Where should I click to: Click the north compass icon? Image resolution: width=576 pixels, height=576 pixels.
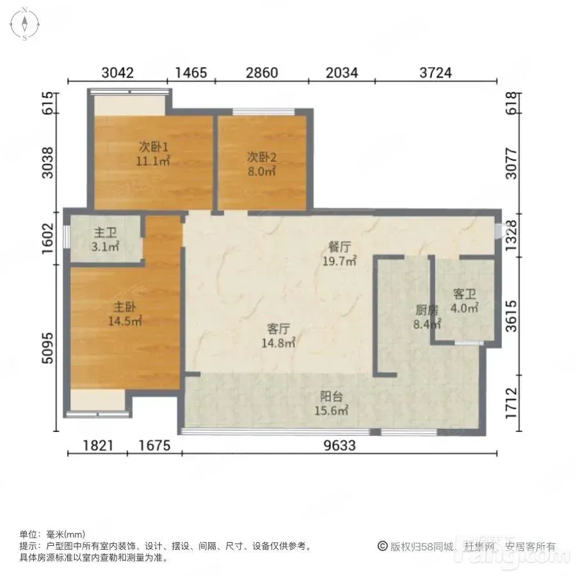tap(24, 24)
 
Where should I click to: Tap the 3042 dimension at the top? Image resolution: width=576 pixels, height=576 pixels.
tap(118, 73)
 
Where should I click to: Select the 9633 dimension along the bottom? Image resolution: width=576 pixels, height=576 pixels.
tap(340, 445)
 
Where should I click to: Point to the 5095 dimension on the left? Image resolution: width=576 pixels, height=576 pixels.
tap(48, 348)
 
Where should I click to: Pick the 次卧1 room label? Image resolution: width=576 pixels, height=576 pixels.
tap(154, 147)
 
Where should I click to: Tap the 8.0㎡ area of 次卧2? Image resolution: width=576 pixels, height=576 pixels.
tap(262, 171)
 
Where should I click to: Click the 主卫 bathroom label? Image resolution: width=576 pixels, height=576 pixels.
tap(106, 232)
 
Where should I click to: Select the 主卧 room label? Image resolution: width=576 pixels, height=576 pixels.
tap(125, 307)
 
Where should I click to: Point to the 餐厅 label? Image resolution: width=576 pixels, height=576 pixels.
tap(340, 247)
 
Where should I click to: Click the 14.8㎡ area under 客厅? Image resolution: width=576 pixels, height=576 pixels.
tap(278, 343)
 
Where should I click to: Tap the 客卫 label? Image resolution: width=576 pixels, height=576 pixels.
tap(465, 294)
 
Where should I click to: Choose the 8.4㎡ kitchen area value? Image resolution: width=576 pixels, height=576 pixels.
tap(427, 324)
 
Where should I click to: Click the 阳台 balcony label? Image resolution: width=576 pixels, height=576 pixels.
tap(332, 396)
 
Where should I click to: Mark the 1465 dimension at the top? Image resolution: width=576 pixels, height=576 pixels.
tap(191, 73)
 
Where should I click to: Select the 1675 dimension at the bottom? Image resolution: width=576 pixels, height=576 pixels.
tap(155, 445)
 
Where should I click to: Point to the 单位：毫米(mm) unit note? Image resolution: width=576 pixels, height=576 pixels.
tap(52, 534)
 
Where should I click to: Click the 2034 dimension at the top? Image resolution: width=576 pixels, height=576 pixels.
tap(342, 73)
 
